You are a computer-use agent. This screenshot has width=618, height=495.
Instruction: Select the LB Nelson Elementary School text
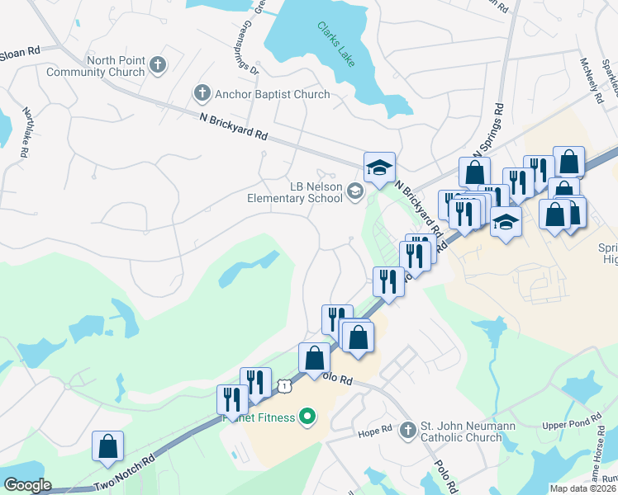295,192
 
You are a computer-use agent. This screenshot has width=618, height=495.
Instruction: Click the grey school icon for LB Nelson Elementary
354,192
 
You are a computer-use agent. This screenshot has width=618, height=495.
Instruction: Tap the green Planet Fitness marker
307,417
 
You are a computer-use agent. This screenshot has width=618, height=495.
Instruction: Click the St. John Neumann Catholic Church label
461,431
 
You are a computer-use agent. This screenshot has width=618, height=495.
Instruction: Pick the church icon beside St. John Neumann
407,430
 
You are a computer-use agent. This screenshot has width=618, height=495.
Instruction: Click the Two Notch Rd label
124,474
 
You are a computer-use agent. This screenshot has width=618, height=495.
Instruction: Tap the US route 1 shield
284,385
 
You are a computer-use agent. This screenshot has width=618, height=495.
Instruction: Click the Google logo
26,485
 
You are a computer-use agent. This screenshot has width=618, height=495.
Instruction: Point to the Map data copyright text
582,488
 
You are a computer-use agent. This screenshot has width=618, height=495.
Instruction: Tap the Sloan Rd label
21,51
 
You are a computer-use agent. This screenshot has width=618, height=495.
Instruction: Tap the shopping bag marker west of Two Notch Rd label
107,446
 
